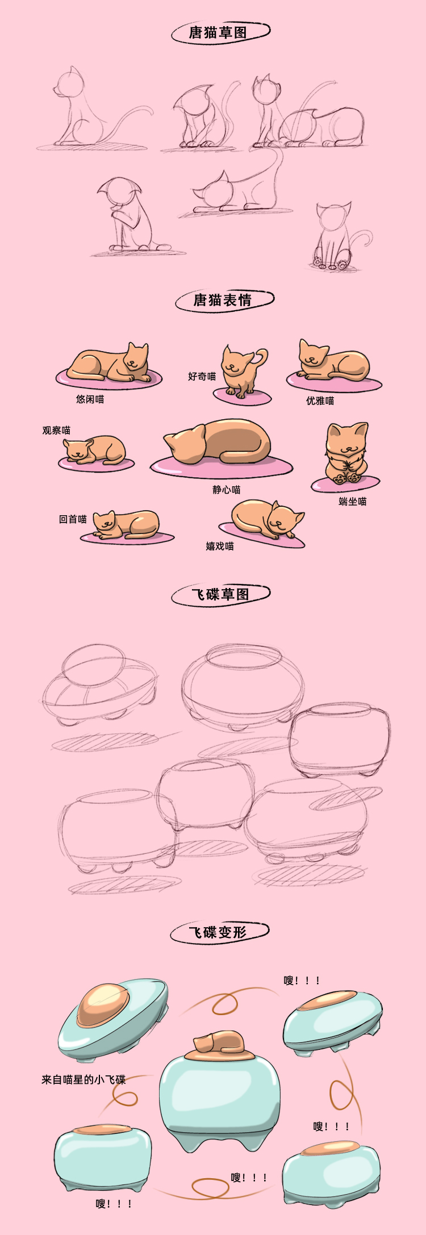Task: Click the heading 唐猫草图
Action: click(218, 32)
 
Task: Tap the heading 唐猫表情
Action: click(222, 299)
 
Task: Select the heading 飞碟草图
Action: click(220, 594)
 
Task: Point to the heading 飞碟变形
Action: click(218, 932)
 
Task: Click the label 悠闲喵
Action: click(90, 399)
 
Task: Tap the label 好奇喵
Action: click(202, 376)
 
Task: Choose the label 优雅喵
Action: click(320, 400)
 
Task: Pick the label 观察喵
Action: click(56, 430)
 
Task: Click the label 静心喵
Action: click(227, 489)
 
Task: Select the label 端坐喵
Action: click(352, 501)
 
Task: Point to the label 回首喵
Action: click(73, 519)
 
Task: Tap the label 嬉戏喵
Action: click(220, 546)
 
